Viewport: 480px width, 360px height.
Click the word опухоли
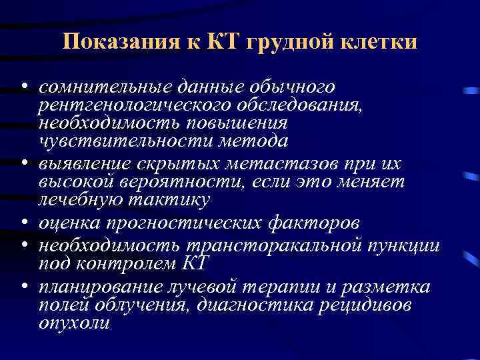74,323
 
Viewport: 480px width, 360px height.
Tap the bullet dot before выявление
23,163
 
